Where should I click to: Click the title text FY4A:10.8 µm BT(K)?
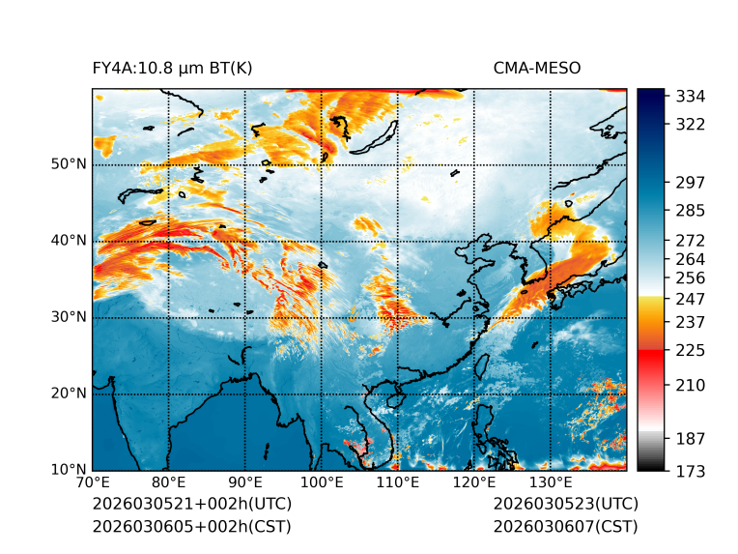tap(172, 69)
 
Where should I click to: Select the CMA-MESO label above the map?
tap(536, 69)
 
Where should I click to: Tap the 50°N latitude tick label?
tap(69, 163)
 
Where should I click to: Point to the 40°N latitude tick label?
tap(69, 240)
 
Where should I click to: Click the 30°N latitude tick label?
tap(69, 316)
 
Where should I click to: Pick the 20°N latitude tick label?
tap(69, 393)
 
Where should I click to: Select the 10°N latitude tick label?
tap(69, 470)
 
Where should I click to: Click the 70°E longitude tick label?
tap(93, 482)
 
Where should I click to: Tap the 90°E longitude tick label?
tap(245, 482)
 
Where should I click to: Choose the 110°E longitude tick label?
tap(398, 482)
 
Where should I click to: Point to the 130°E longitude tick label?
tap(551, 482)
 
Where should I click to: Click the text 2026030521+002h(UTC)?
tap(191, 505)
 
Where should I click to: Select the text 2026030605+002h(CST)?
tap(191, 526)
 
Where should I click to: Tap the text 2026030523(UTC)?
tap(565, 505)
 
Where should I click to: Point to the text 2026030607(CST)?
tap(565, 526)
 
